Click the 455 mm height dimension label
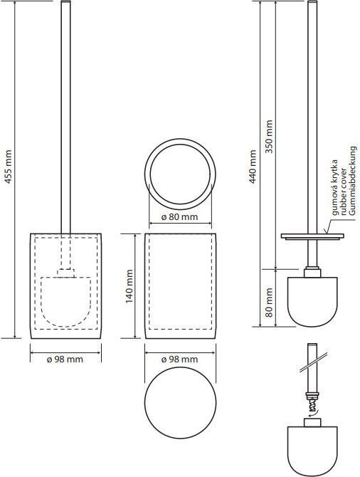[9, 167]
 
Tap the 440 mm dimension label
[253, 167]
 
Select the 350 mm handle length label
[269, 136]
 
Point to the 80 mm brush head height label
[269, 303]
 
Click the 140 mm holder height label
[129, 286]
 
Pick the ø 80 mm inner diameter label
[180, 217]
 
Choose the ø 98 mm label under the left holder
[65, 360]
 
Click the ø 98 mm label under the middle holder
[180, 360]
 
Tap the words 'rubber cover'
[343, 192]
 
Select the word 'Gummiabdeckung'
[352, 181]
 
